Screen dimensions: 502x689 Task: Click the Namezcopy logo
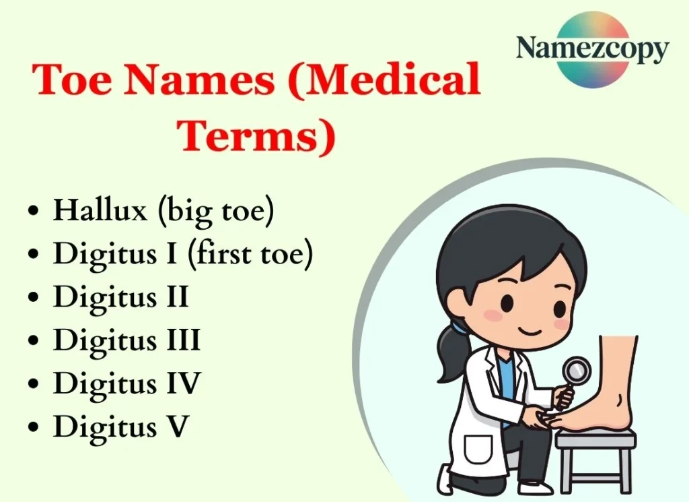(592, 49)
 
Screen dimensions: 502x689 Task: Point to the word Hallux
(100, 211)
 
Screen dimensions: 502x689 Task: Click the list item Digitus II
(120, 297)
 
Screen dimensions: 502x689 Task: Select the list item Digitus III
(126, 340)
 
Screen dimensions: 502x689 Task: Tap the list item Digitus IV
(126, 383)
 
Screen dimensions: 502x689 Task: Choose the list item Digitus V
(121, 427)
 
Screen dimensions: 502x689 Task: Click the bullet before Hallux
(33, 212)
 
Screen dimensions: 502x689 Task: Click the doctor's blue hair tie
(460, 327)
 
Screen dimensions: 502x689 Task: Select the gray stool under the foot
(596, 448)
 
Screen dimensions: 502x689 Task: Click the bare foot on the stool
(609, 391)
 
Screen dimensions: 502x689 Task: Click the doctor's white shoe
(535, 487)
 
